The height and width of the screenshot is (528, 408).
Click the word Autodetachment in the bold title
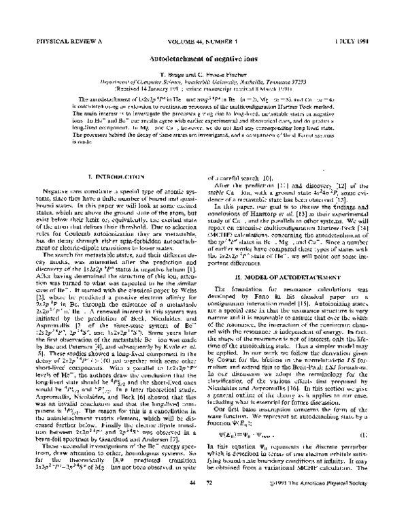[175, 59]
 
